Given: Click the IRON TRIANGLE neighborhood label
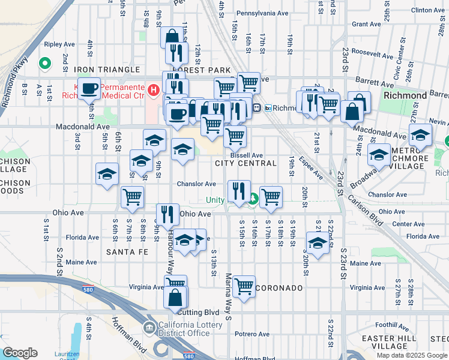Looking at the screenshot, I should coord(107,70).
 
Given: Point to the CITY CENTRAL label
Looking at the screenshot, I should coord(246,163).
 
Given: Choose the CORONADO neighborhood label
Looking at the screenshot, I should coord(280,288).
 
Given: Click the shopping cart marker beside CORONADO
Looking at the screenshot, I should coord(244,286).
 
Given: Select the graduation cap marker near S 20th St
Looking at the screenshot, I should coord(317,243).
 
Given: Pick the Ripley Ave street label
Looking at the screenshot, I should coord(75,44).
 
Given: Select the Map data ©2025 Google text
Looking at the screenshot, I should coord(411,355).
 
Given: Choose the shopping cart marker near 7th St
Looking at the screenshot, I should coord(132,196).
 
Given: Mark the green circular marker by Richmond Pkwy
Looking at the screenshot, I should coord(44,63).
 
